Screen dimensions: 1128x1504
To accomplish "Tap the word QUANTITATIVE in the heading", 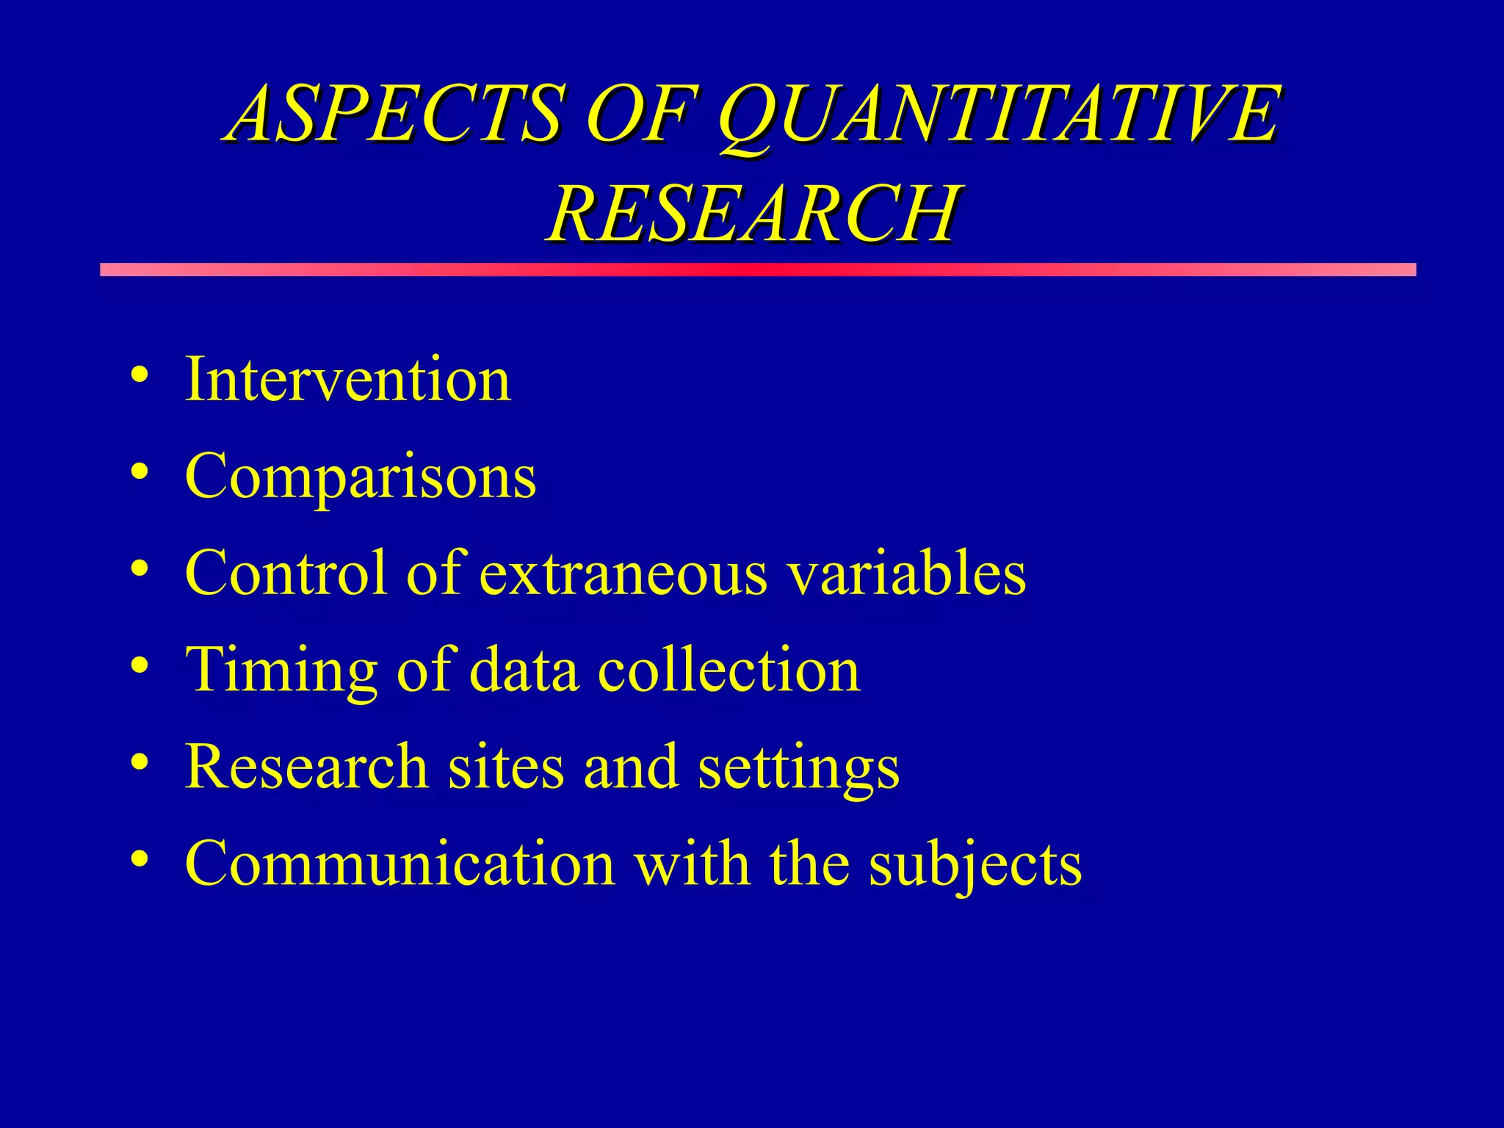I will click(x=999, y=116).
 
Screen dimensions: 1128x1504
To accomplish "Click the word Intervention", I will click(x=347, y=379).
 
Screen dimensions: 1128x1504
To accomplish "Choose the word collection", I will click(x=728, y=670).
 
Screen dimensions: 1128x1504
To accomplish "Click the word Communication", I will click(x=399, y=864).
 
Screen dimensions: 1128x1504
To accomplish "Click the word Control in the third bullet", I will click(x=286, y=574).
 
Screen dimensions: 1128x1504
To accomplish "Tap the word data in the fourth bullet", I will click(x=523, y=670).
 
